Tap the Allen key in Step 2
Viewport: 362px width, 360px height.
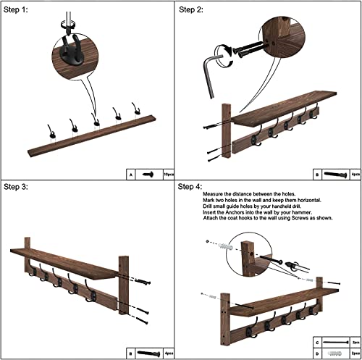[x=211, y=69]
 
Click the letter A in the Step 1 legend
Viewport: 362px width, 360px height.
[x=130, y=174]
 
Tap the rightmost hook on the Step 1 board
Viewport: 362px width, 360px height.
[x=135, y=109]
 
